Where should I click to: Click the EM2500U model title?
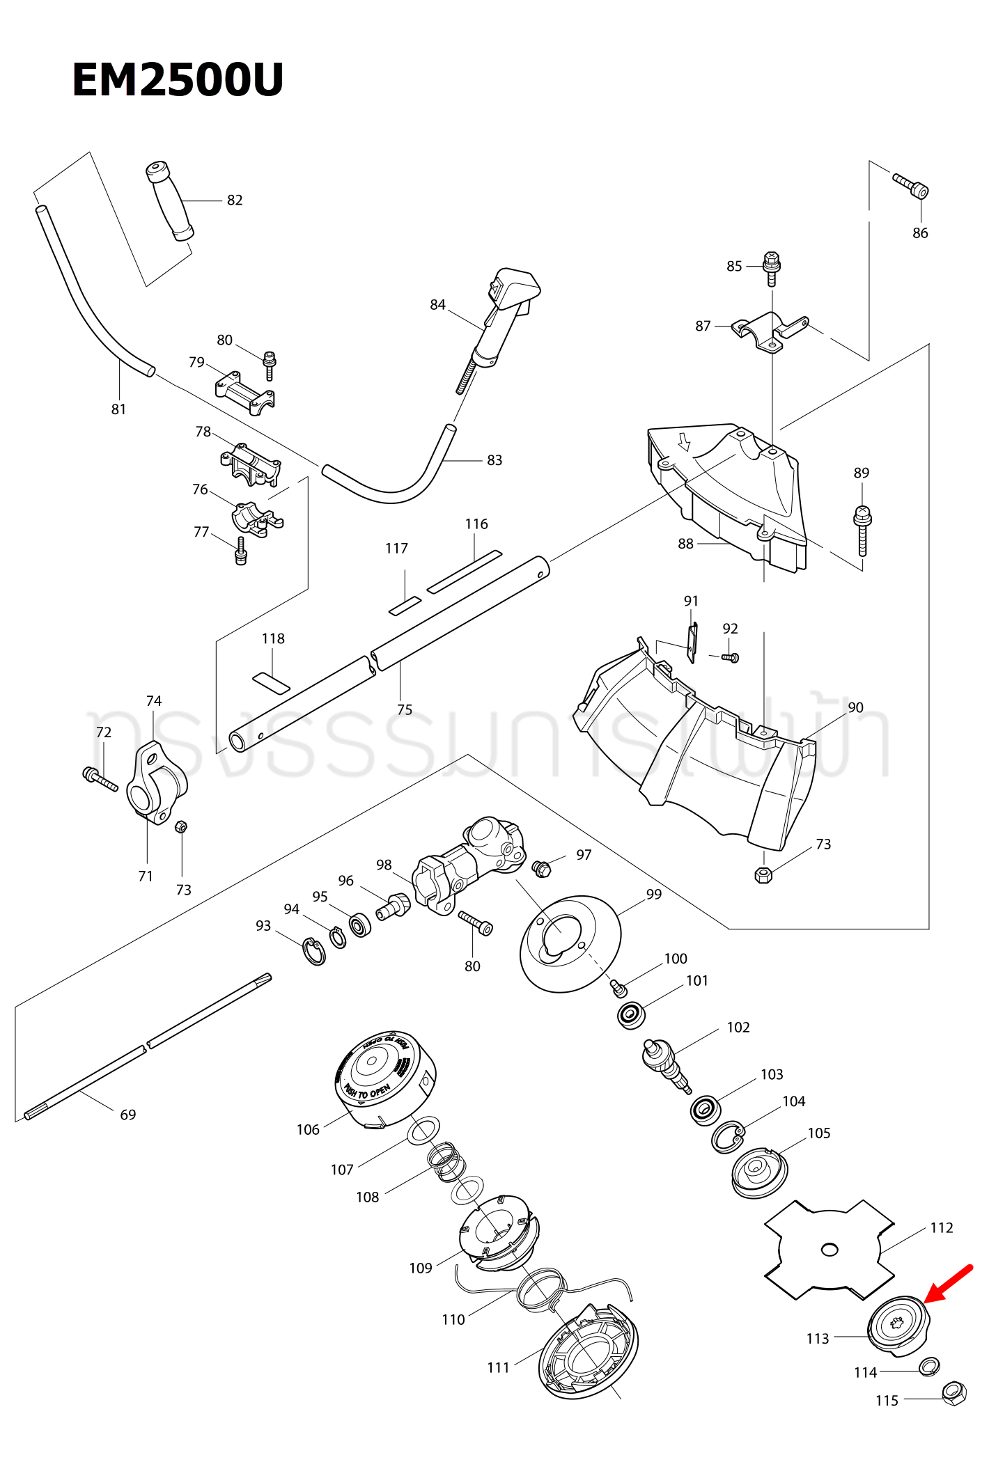click(178, 79)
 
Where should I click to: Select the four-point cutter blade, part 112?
click(829, 1250)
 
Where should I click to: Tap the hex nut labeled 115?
click(953, 1394)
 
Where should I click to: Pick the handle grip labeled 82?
click(169, 201)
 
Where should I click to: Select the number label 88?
click(686, 544)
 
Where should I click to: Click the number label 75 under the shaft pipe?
click(405, 709)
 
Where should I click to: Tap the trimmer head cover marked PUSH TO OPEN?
click(385, 1079)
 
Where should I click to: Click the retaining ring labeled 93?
click(314, 952)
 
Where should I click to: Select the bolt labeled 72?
click(100, 779)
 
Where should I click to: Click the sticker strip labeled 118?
click(271, 683)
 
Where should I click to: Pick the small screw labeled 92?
click(730, 657)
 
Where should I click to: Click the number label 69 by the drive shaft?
click(128, 1115)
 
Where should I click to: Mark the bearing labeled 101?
click(631, 1015)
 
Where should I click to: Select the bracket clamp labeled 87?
click(770, 332)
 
